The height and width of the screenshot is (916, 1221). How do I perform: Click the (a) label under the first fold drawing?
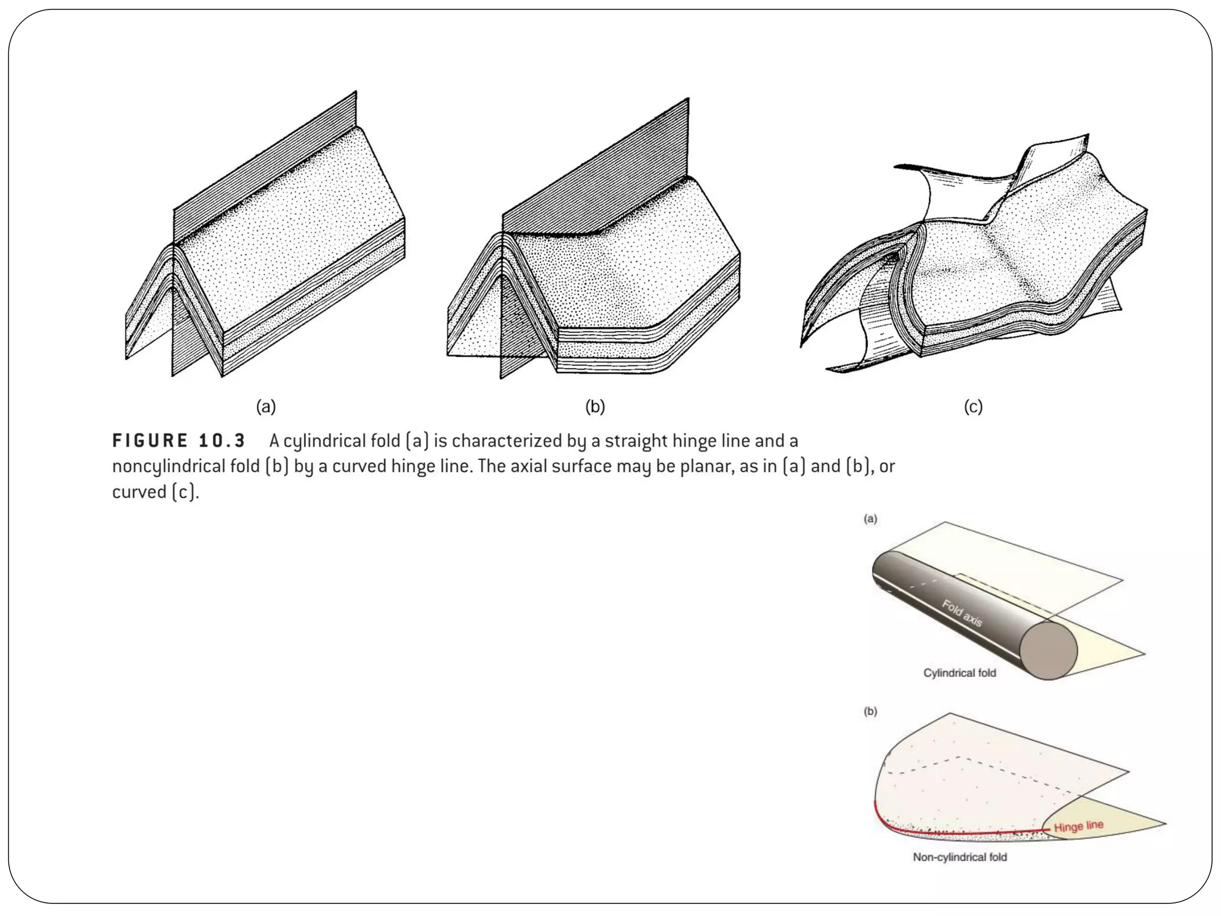tap(266, 407)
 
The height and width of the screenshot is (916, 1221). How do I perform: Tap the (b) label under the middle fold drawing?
tap(595, 407)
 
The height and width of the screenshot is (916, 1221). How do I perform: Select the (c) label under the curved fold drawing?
tap(973, 407)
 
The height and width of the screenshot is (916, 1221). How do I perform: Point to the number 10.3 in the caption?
tap(222, 441)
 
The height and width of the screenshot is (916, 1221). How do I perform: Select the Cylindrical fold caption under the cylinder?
tap(959, 673)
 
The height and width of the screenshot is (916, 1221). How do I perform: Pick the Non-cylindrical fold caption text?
tap(959, 858)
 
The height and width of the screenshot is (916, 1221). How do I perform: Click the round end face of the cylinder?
tap(1048, 650)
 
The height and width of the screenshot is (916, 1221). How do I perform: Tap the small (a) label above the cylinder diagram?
tap(870, 519)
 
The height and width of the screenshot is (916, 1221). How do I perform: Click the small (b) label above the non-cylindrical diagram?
tap(870, 711)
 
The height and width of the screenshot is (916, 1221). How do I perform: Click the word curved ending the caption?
tap(139, 493)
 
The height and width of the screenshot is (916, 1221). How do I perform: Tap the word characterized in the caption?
tap(507, 441)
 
